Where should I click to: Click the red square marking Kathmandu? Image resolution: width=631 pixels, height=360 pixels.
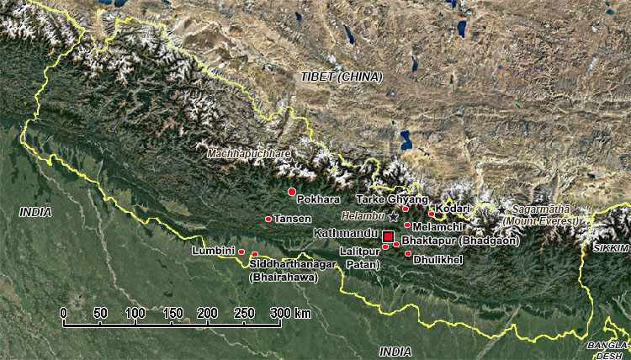click(x=388, y=236)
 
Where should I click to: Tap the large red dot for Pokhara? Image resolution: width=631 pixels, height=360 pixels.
click(x=292, y=192)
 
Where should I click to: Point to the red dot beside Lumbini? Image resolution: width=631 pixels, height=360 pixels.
click(x=241, y=251)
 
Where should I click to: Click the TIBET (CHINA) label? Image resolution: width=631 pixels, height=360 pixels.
click(x=341, y=77)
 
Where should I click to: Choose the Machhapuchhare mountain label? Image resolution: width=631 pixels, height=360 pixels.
click(x=248, y=154)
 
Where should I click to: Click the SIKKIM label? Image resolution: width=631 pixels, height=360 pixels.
click(x=610, y=249)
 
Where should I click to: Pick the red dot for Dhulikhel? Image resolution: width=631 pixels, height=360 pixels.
click(x=408, y=253)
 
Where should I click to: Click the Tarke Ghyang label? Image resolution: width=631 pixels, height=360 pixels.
click(x=386, y=199)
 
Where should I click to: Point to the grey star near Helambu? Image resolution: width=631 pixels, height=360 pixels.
click(x=393, y=217)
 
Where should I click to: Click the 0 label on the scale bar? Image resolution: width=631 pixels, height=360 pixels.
click(x=64, y=313)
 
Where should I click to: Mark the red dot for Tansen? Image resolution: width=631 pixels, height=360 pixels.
click(x=268, y=219)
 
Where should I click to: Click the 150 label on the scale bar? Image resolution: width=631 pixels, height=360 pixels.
click(x=172, y=313)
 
